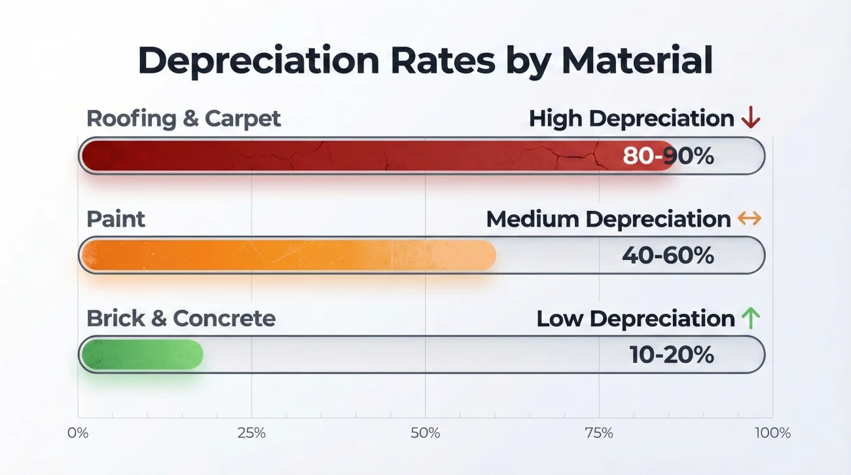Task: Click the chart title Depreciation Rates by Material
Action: coord(425,60)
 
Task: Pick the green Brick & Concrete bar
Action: coord(141,354)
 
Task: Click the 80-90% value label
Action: coord(668,156)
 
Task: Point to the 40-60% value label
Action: coord(668,256)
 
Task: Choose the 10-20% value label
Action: coord(672,354)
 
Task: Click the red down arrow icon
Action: coord(750,119)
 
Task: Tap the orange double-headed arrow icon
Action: coord(750,219)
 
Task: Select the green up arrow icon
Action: coord(750,318)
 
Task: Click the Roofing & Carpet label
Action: coord(184,119)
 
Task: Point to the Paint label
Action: coord(116,219)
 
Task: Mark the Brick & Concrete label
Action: coord(181,318)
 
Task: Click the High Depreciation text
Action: coord(631,119)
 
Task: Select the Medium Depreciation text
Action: coord(608,219)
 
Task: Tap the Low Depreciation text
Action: coord(636,318)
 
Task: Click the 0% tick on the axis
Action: coord(78,433)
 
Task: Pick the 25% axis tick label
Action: coord(251,433)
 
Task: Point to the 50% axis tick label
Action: coord(425,433)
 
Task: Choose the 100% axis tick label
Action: coord(772,433)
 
